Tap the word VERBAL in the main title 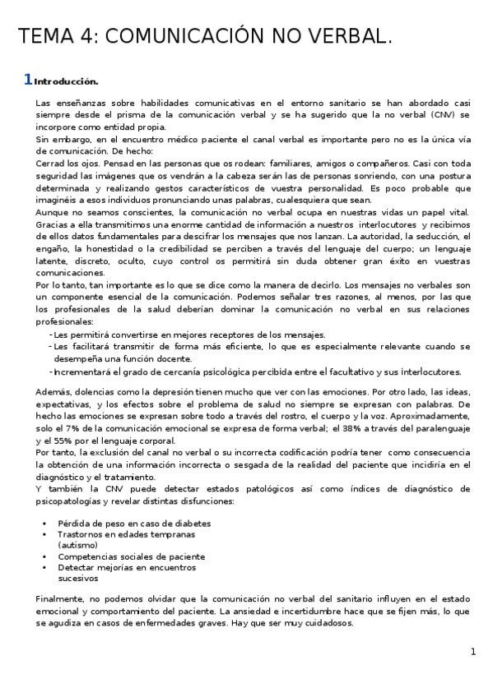(346, 36)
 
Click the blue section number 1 (27, 80)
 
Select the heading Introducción (67, 81)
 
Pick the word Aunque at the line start (53, 212)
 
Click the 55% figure (64, 441)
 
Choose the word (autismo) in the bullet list (77, 544)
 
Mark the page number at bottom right (473, 652)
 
